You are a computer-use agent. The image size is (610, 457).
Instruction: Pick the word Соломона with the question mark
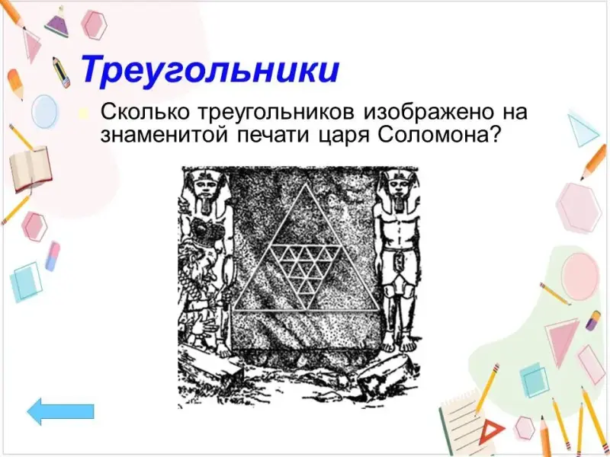(438, 136)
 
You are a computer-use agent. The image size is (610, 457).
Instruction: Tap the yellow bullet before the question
(83, 113)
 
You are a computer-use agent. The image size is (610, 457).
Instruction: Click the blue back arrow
(61, 412)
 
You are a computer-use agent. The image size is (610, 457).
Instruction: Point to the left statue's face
(205, 189)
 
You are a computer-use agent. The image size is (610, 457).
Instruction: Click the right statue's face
(399, 189)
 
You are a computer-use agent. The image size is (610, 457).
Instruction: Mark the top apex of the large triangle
(306, 184)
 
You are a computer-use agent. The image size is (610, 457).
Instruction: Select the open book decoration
(30, 169)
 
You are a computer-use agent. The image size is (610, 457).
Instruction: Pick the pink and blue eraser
(53, 256)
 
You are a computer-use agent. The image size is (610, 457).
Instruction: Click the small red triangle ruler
(493, 433)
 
